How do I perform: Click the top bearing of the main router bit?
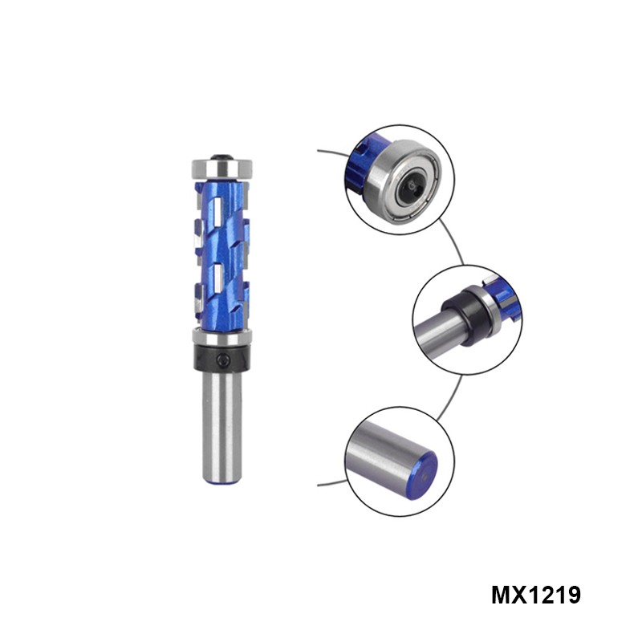(x=222, y=169)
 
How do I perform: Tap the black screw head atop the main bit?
(x=222, y=156)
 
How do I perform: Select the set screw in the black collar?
(x=223, y=360)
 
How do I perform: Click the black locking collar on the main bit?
(x=222, y=358)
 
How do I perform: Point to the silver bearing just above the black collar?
(x=222, y=337)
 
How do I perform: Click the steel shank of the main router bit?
(x=222, y=426)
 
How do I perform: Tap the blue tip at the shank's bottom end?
(x=221, y=483)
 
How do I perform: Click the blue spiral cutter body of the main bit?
(x=222, y=254)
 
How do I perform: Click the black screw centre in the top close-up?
(x=412, y=187)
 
